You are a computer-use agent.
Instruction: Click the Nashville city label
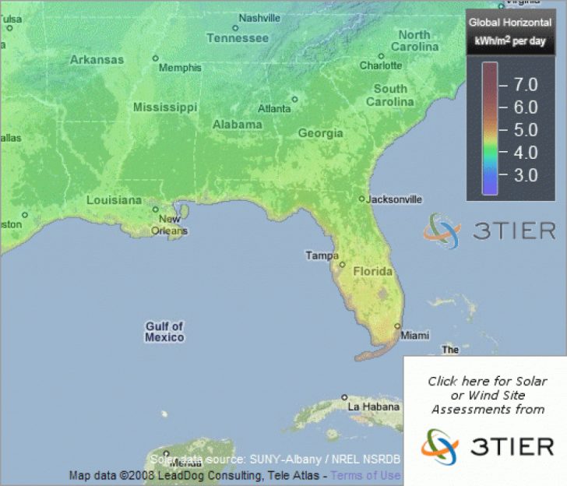259,18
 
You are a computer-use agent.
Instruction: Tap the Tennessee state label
238,38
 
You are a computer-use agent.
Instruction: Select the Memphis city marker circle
156,58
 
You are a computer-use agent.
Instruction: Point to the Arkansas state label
97,59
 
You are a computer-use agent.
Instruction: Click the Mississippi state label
165,107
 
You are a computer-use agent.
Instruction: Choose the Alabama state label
237,125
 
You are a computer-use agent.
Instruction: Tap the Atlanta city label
274,108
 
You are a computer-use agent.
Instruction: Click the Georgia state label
320,133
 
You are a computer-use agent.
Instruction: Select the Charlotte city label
381,66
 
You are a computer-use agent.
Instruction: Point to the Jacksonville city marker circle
361,199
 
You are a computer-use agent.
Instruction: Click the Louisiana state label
114,200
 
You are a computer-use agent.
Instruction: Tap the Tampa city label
322,255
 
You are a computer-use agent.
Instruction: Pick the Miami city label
414,336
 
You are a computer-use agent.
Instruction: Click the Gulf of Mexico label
164,332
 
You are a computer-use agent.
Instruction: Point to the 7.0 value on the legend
521,83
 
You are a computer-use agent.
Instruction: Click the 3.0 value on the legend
521,175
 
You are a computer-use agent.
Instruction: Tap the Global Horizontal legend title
510,23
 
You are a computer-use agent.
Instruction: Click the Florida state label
373,272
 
